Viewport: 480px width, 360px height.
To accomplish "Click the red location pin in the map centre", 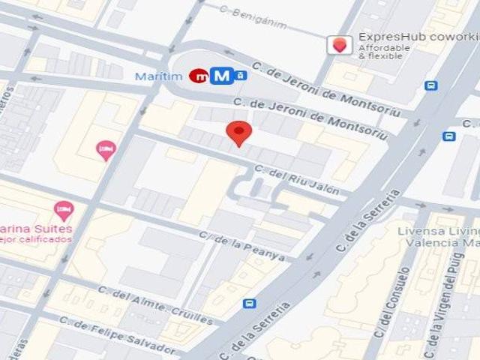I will click(238, 133).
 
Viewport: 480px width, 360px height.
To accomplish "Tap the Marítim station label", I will click(160, 76).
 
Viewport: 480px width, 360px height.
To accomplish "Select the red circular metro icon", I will click(199, 75).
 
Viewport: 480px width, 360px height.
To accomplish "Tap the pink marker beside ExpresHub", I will click(340, 45).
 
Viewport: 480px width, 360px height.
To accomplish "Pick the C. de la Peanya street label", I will click(241, 246).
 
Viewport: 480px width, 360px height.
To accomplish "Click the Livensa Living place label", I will click(445, 232).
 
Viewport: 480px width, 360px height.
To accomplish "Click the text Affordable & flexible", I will click(384, 52).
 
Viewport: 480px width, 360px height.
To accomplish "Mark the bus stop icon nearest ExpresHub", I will click(431, 85).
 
